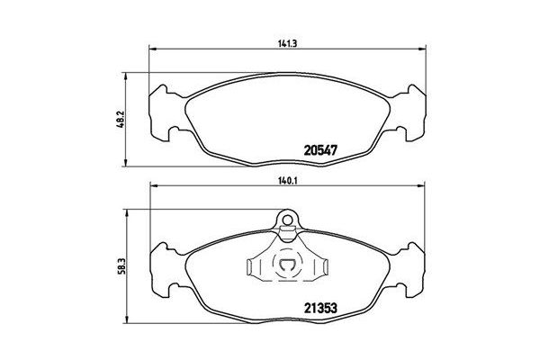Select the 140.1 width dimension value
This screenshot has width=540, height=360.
point(288,179)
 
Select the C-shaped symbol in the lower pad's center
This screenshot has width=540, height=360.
point(288,266)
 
